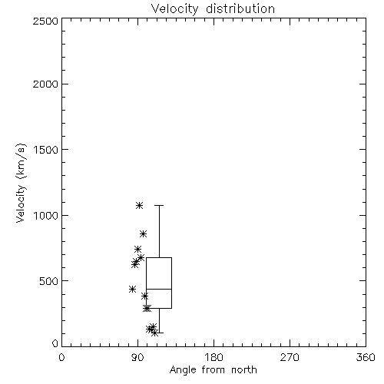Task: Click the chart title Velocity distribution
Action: tap(213, 9)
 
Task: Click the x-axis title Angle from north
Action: tap(213, 370)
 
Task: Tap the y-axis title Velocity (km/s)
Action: tap(21, 183)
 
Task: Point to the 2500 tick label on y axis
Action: tap(45, 21)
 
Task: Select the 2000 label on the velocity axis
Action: tap(45, 84)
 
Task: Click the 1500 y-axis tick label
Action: tap(46, 150)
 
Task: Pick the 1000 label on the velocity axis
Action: tap(46, 215)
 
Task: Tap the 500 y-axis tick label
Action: tap(49, 281)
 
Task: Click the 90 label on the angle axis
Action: tap(137, 357)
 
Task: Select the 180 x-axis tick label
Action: tap(214, 357)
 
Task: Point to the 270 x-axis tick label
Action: tap(290, 357)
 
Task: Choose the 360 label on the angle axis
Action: tap(366, 357)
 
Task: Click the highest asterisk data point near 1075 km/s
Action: tap(139, 205)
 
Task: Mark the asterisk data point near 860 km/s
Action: tap(144, 233)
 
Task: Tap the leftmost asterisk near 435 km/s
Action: tap(132, 290)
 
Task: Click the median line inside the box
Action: tap(159, 289)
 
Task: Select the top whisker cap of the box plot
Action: tap(159, 205)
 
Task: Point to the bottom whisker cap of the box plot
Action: tap(159, 333)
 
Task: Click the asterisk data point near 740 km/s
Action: tap(138, 249)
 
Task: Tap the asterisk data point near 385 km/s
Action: tap(145, 296)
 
